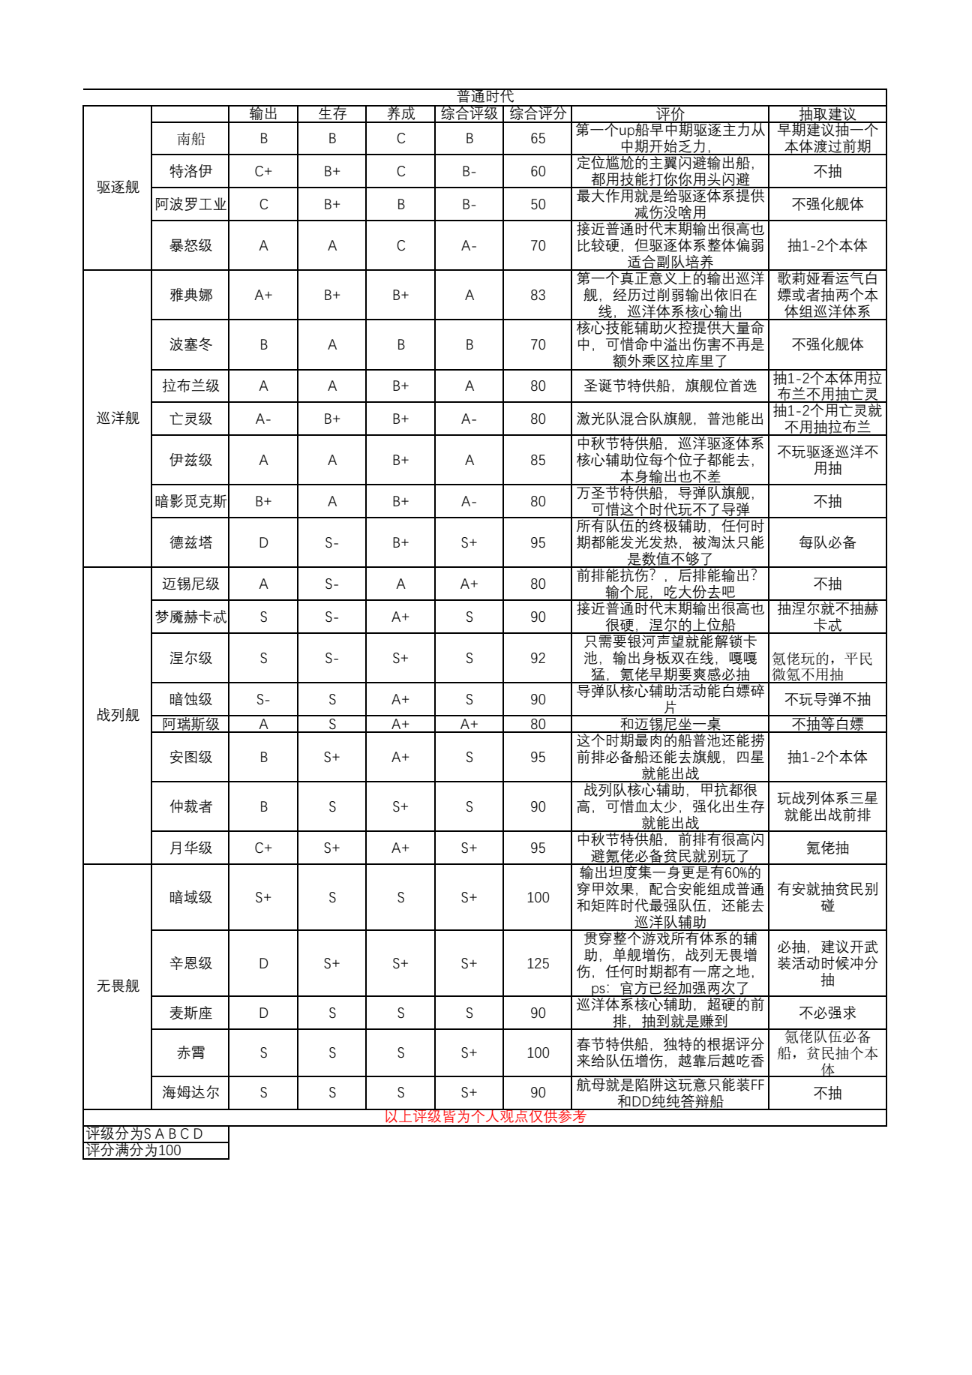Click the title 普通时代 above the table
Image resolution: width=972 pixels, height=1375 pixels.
tap(485, 96)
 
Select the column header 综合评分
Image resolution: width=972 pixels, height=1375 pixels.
tap(538, 113)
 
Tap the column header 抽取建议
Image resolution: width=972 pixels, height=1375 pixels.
tap(827, 114)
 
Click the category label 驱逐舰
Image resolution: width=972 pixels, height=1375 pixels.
tap(118, 187)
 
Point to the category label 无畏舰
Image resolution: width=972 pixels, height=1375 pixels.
tap(118, 986)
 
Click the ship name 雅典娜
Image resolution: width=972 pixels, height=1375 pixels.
tap(190, 295)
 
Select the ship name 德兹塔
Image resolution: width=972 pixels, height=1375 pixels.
tap(190, 542)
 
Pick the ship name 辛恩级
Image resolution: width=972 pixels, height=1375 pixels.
tap(190, 963)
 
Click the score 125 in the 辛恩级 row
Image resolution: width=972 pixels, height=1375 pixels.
tap(538, 963)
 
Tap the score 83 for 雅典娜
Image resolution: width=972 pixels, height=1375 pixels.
tap(538, 295)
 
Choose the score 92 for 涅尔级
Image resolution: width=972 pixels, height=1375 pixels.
tap(538, 658)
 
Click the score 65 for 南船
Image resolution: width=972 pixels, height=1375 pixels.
tap(538, 139)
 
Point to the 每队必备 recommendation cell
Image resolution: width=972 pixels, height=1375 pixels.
tap(827, 542)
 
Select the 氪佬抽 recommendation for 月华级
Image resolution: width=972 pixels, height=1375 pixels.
tap(827, 848)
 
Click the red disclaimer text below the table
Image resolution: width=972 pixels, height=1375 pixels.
tap(485, 1116)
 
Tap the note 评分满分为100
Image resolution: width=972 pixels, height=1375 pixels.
tap(133, 1150)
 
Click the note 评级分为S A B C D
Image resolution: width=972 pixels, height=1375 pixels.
tap(144, 1133)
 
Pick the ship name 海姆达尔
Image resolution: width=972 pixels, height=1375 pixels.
tap(190, 1092)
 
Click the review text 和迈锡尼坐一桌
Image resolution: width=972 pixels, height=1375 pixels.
tap(670, 724)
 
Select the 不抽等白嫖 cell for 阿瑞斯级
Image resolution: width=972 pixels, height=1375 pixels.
tap(827, 724)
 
